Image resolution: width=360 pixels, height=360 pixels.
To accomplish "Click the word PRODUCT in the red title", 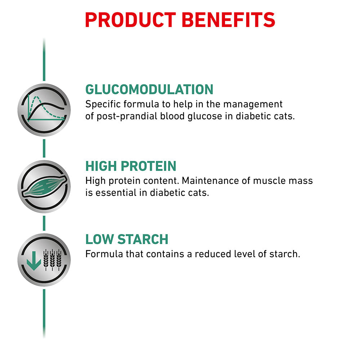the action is (x=130, y=20).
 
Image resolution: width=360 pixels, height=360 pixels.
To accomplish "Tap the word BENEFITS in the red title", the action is (x=229, y=20).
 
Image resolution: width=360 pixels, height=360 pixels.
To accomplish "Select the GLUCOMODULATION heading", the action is (x=149, y=89).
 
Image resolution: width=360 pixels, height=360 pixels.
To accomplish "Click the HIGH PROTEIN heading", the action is (x=131, y=166).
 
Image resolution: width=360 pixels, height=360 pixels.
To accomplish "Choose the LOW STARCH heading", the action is (x=127, y=239).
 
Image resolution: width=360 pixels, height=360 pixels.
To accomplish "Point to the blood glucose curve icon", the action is (x=44, y=110).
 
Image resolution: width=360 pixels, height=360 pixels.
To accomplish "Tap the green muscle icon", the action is (x=44, y=186).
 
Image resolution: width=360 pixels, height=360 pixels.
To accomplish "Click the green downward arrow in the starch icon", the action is (x=34, y=261).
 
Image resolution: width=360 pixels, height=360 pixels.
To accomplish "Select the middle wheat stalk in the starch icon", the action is (x=52, y=260).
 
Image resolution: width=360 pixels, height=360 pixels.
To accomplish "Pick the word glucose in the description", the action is (x=205, y=116).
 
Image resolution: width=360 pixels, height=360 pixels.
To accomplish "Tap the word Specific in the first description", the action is (x=103, y=104).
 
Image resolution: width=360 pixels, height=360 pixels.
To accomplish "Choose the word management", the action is (x=253, y=104).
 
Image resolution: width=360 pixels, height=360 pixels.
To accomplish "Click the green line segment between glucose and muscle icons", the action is (x=44, y=148).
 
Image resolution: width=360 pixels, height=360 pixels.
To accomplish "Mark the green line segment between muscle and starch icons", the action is (x=44, y=223).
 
